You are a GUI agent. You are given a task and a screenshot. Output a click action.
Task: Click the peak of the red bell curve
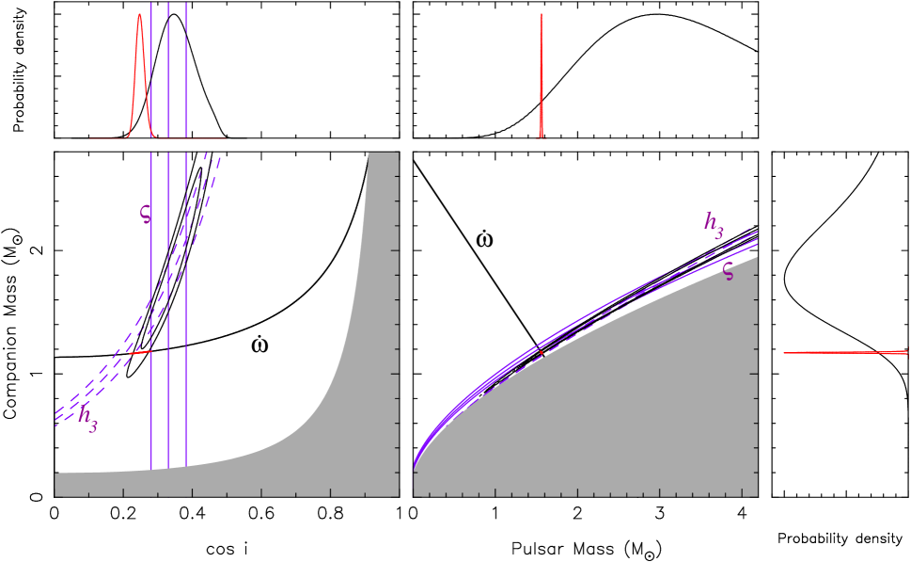click(140, 15)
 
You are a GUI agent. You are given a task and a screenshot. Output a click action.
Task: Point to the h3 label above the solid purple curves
click(715, 224)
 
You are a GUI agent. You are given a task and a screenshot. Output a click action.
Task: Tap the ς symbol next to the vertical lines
click(145, 214)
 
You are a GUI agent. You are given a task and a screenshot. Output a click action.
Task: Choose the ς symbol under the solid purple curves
click(728, 271)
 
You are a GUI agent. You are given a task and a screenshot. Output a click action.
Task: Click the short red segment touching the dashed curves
click(139, 354)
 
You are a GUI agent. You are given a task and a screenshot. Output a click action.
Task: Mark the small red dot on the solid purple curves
click(542, 353)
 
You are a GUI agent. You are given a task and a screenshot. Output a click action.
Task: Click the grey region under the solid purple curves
click(611, 414)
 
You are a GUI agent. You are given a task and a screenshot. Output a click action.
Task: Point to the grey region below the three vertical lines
click(169, 482)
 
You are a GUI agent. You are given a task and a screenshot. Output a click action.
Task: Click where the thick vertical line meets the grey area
click(169, 468)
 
